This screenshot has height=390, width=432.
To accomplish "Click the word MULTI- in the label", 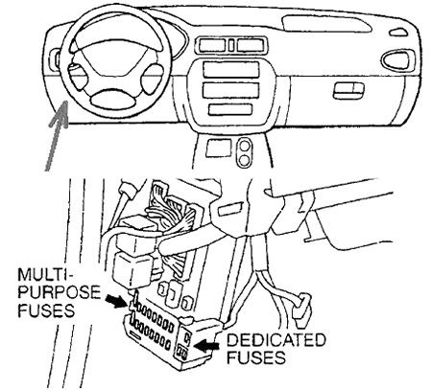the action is click(46, 274).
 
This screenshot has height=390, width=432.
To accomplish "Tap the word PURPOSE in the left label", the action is click(60, 292).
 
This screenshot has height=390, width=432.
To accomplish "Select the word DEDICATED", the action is click(276, 340).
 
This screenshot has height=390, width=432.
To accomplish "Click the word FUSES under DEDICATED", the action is click(256, 357).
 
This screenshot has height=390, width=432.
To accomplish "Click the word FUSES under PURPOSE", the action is click(46, 310).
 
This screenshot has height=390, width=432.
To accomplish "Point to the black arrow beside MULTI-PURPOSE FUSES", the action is click(116, 301).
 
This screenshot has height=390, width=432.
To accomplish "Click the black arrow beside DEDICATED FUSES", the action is click(207, 345).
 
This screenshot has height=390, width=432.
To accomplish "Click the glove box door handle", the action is click(348, 91).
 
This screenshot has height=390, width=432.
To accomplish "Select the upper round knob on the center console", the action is click(244, 146).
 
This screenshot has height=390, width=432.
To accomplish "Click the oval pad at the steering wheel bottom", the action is click(112, 100).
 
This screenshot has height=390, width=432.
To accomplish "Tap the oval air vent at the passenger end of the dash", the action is click(398, 59).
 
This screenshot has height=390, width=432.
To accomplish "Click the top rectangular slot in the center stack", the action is click(230, 70).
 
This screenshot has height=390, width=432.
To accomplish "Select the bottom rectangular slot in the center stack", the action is click(230, 109).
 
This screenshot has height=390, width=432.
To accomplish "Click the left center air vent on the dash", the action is click(212, 45).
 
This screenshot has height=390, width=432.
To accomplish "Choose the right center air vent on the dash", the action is click(251, 45).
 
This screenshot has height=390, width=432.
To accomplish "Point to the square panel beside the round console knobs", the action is click(219, 148).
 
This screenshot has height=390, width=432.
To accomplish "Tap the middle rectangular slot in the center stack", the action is click(230, 90).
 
